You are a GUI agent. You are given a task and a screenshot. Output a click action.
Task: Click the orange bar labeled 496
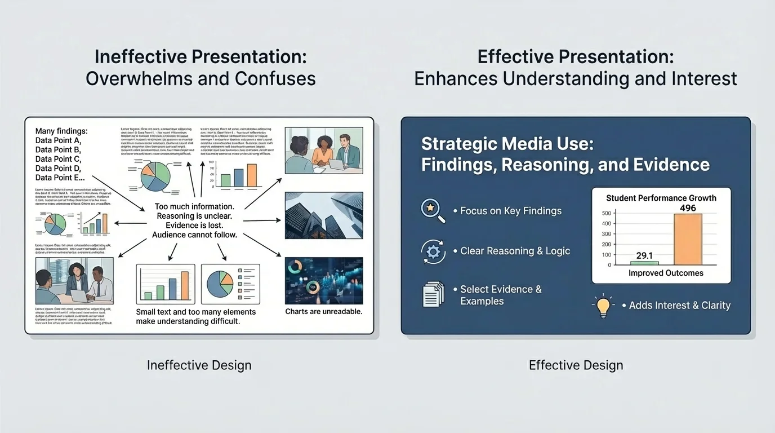[688, 239]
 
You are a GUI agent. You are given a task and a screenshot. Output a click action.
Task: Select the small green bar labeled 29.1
[644, 263]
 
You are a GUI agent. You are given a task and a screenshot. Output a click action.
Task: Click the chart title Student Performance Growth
[661, 198]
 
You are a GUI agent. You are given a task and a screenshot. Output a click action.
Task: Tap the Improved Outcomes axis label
[666, 273]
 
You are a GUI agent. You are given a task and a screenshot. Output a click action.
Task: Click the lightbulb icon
[603, 306]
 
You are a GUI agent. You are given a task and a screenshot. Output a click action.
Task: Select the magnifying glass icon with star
[433, 210]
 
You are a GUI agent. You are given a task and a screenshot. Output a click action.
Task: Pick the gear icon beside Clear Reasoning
[433, 251]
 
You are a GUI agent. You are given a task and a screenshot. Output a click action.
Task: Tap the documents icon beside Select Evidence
[433, 294]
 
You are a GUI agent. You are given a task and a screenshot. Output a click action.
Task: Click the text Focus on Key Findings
[510, 211]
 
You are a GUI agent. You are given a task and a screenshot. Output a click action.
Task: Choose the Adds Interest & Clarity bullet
[679, 306]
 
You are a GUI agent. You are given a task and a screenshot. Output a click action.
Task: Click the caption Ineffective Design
[199, 365]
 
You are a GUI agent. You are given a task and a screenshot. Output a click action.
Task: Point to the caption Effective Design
[576, 365]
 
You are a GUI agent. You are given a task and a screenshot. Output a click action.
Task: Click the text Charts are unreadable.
[324, 311]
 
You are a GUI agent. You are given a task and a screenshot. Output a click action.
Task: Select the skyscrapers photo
[324, 215]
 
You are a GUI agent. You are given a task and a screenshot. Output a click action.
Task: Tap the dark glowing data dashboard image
[324, 281]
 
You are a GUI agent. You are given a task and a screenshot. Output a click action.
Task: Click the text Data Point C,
[58, 159]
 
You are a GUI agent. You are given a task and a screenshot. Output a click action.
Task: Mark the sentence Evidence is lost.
[194, 226]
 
